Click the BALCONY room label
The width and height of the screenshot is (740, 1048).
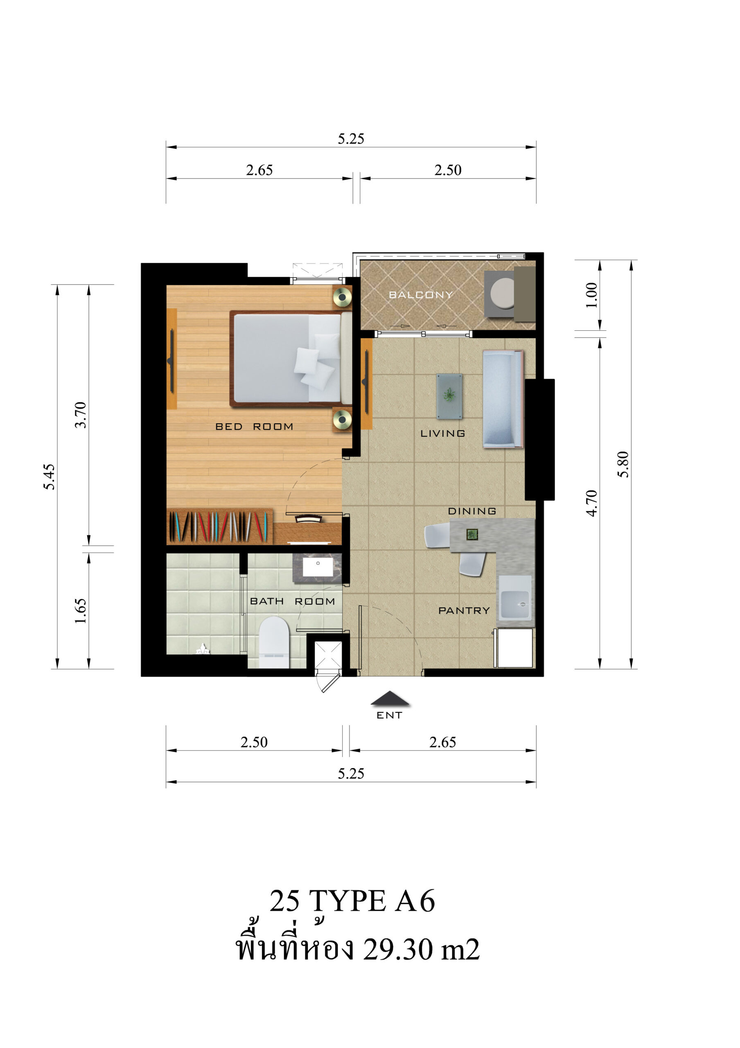[x=421, y=295]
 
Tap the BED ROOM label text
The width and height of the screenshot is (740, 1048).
[x=254, y=426]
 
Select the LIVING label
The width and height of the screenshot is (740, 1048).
[x=442, y=433]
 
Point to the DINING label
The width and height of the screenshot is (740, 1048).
[x=472, y=511]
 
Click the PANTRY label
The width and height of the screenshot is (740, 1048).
[x=464, y=610]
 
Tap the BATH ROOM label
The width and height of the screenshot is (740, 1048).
[x=293, y=601]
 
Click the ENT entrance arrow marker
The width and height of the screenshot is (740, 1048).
[x=390, y=698]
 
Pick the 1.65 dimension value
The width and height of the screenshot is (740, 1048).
[x=80, y=611]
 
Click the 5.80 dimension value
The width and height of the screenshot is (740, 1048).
[x=623, y=464]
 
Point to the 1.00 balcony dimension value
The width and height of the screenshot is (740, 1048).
[x=591, y=295]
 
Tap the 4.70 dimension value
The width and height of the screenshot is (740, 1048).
[x=591, y=503]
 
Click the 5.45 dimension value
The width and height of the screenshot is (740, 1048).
[x=49, y=477]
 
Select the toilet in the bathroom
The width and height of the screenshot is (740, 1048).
[x=274, y=642]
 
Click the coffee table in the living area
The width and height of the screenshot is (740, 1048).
[x=449, y=396]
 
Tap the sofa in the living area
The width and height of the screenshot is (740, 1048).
[x=503, y=399]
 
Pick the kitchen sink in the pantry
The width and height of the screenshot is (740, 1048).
[x=515, y=604]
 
